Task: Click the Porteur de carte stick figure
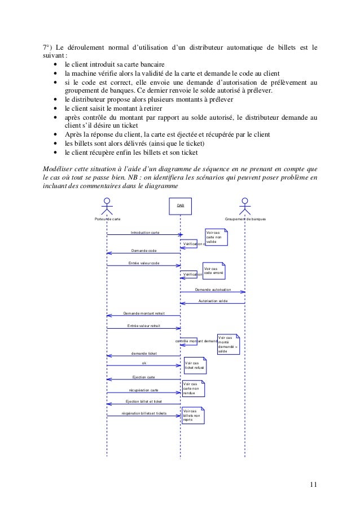click(x=107, y=207)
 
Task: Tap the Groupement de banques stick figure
click(x=244, y=207)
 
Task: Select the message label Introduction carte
click(x=145, y=232)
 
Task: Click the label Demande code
click(x=144, y=250)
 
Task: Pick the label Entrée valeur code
click(x=144, y=263)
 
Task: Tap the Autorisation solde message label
click(x=213, y=301)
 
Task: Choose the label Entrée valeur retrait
click(x=144, y=325)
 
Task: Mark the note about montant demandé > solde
click(x=227, y=343)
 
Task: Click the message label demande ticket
click(x=144, y=353)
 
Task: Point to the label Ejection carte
click(x=143, y=376)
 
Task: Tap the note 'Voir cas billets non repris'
click(x=192, y=415)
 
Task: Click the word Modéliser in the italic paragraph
click(x=59, y=168)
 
